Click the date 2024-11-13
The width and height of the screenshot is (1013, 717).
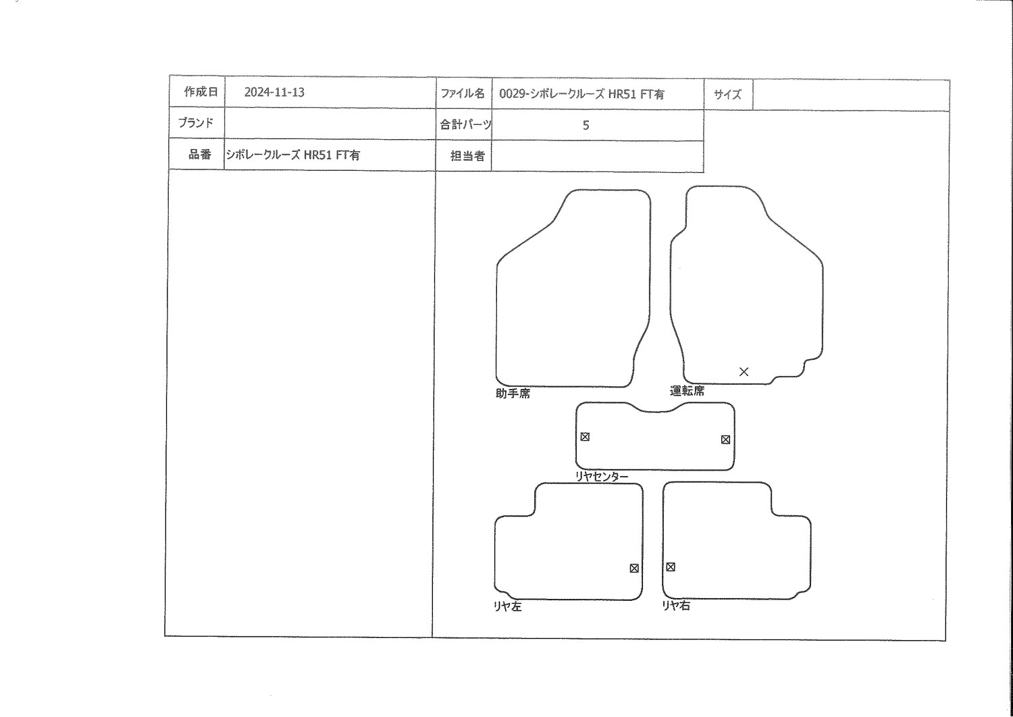click(x=274, y=92)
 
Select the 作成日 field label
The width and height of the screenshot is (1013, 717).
click(x=201, y=92)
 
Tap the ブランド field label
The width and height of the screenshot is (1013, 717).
click(x=195, y=123)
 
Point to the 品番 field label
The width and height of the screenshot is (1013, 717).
click(x=200, y=155)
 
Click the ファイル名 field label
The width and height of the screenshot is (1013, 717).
click(x=462, y=94)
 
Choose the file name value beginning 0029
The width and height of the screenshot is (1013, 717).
click(x=581, y=94)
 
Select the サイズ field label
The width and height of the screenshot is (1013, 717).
click(x=727, y=95)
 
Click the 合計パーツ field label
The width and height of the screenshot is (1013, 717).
click(x=465, y=124)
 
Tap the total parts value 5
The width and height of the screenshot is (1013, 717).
click(x=586, y=125)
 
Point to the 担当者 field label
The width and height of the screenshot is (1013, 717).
click(x=467, y=156)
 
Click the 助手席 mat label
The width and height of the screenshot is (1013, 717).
click(x=513, y=394)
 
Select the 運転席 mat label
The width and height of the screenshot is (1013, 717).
click(x=687, y=391)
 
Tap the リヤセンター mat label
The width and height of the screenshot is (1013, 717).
click(x=602, y=477)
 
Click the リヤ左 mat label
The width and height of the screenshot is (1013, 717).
click(x=508, y=606)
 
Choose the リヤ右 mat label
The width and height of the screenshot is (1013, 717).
click(x=676, y=606)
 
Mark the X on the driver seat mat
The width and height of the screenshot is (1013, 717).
click(x=744, y=371)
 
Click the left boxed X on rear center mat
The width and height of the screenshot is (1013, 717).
click(x=585, y=437)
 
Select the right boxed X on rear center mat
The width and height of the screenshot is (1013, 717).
click(x=725, y=440)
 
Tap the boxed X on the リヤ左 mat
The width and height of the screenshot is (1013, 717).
click(x=634, y=568)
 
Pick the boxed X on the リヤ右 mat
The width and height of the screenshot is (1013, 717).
click(x=670, y=567)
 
